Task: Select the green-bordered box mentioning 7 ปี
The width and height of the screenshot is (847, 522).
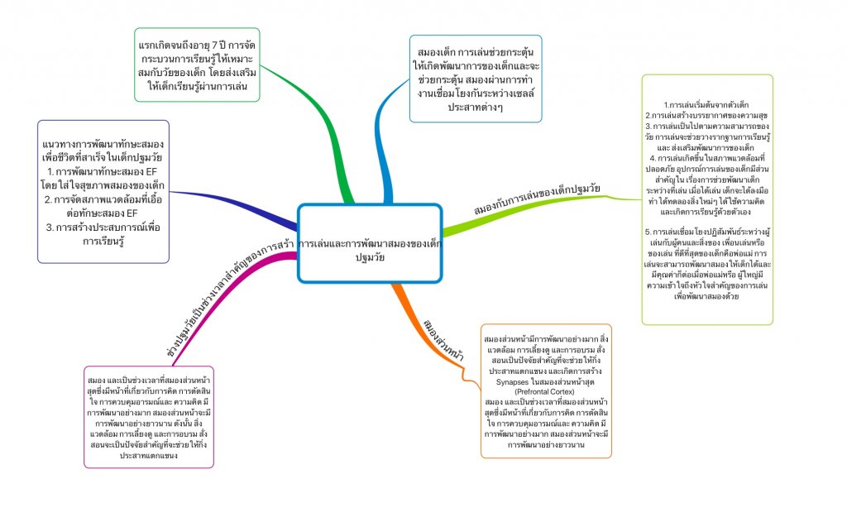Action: [197, 65]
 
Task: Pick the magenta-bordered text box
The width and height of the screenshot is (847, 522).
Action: [149, 416]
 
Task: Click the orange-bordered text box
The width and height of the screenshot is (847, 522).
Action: [546, 390]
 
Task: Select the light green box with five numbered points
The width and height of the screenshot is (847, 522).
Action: [706, 199]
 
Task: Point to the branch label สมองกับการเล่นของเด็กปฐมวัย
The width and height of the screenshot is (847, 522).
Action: [537, 200]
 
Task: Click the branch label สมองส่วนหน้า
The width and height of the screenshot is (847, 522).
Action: [442, 338]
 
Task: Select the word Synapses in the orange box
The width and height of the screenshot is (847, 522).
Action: [516, 381]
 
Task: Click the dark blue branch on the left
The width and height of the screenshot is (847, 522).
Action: [240, 204]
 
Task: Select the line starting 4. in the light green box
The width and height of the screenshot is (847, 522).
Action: [707, 156]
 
